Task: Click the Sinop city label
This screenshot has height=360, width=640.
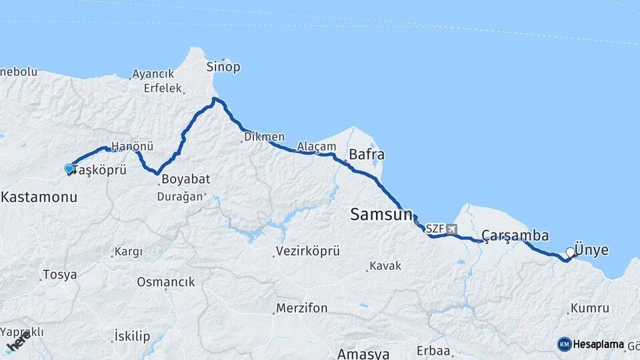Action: coord(223,67)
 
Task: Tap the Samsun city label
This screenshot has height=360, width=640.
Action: coord(381,215)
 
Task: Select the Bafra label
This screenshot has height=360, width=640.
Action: coord(367,155)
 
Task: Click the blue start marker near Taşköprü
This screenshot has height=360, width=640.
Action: coord(69,169)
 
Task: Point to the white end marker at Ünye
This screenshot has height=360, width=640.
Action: coord(570,252)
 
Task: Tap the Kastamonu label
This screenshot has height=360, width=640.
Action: coord(39,197)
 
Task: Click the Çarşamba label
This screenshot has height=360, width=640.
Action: coord(515,236)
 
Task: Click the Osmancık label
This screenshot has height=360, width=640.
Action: coord(166,282)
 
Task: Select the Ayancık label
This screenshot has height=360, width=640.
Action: coord(153,74)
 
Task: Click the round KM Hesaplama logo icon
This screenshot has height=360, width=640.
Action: coord(565,344)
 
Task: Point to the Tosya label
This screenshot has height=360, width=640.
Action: coord(59,274)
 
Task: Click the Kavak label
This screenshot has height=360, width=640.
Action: coord(387,265)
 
